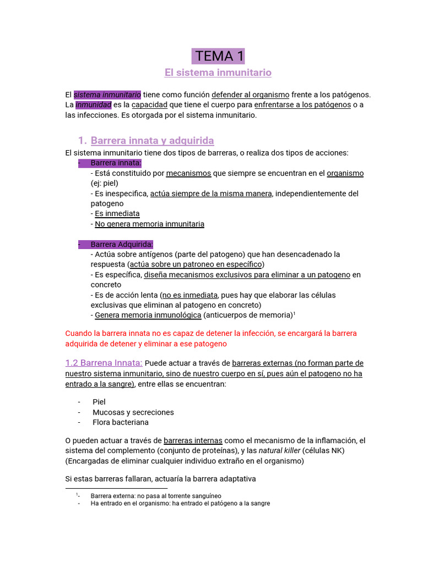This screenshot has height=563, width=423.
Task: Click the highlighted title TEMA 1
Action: pos(218,56)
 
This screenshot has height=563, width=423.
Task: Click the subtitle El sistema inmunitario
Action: pos(218,73)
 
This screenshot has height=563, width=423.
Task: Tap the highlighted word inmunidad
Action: pos(93,105)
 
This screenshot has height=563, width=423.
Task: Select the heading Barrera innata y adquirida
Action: pos(152,140)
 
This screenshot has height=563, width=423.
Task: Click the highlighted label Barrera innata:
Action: pos(116,163)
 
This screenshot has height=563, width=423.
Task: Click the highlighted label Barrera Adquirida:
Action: pos(122,244)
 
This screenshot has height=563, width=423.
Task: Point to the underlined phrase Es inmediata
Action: pos(117,213)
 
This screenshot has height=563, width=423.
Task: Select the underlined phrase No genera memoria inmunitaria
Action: pos(149,224)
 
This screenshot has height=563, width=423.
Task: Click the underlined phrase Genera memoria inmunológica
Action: pos(148,315)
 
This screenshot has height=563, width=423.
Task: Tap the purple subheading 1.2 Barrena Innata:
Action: pos(104,363)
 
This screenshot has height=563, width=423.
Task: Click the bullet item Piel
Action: pos(99,402)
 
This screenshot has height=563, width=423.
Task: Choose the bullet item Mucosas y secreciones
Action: pos(133,412)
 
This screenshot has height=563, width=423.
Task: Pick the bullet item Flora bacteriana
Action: pos(120,422)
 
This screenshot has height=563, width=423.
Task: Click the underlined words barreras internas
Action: pos(193,440)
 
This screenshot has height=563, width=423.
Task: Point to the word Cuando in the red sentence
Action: pos(79,333)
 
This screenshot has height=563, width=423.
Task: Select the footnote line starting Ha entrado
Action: pos(180,503)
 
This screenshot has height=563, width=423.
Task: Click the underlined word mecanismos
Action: pos(188,173)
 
